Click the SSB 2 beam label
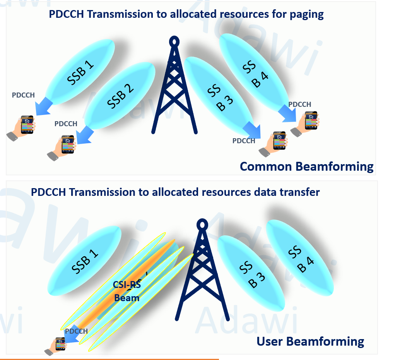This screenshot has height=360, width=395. coord(120,97)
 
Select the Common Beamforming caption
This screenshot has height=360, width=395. coord(306,166)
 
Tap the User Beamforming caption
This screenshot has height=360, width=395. coord(310,341)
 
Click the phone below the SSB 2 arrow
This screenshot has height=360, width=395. coord(67,144)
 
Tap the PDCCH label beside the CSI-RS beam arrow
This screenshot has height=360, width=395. coord(76,331)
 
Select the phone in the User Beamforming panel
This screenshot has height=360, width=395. coord(60,345)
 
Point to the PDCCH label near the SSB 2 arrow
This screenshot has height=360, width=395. coord(66,124)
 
